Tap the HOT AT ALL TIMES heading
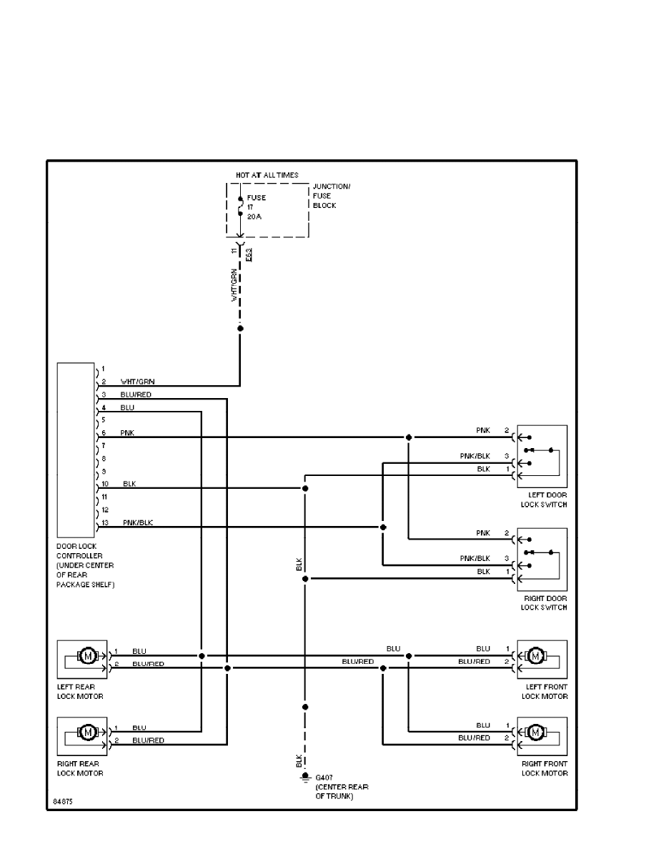click(x=267, y=174)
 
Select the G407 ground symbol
click(x=305, y=777)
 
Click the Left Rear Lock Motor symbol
click(x=88, y=656)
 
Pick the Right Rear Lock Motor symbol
click(x=88, y=733)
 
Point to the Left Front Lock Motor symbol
click(x=535, y=656)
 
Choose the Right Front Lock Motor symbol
click(x=535, y=733)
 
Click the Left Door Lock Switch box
click(x=542, y=457)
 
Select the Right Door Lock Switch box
click(x=542, y=559)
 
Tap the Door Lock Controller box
click(x=76, y=450)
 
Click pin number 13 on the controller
click(x=104, y=523)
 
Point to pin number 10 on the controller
click(x=104, y=485)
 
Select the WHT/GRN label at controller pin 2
click(x=138, y=382)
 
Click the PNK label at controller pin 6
click(x=127, y=433)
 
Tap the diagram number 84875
click(x=63, y=802)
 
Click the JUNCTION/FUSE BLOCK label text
click(x=332, y=196)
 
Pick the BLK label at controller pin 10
click(x=129, y=485)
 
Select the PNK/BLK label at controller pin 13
click(x=138, y=523)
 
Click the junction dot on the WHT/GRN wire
click(x=240, y=328)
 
